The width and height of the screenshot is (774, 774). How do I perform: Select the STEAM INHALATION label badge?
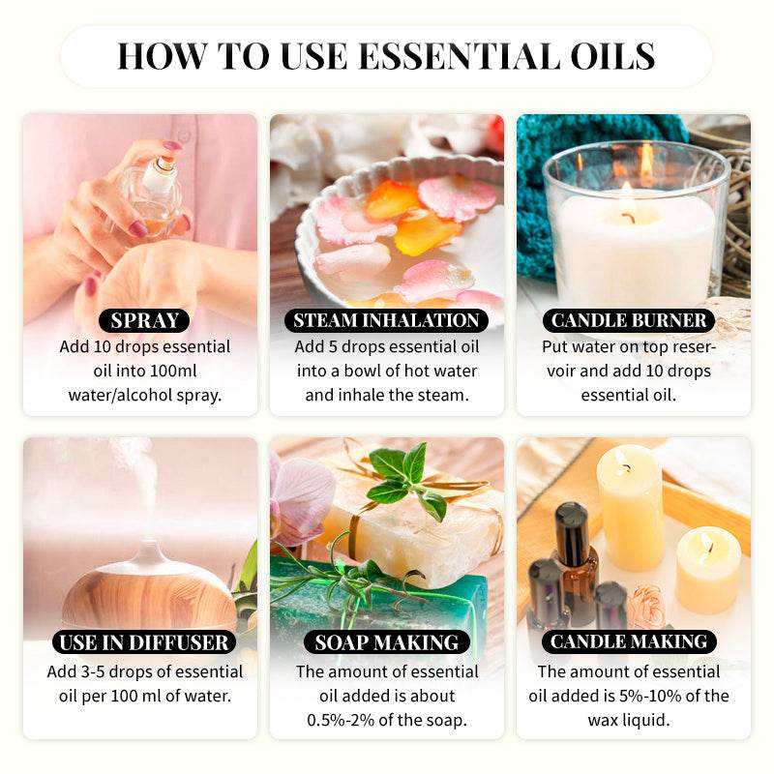[x=387, y=320]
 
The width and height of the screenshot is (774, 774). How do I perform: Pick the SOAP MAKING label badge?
[x=387, y=641]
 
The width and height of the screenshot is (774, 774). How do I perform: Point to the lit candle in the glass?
[x=634, y=232]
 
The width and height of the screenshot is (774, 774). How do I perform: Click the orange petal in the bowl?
[x=426, y=232]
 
